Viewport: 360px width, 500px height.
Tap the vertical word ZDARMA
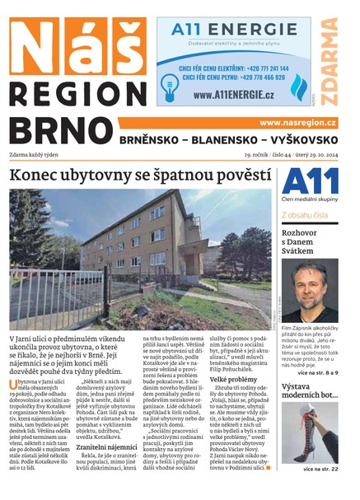point(330,66)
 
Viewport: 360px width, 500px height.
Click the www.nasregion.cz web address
point(297,122)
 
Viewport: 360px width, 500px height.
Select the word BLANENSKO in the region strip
point(230,140)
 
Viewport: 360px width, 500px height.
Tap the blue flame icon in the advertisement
point(297,82)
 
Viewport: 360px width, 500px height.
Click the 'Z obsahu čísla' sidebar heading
point(305,215)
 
